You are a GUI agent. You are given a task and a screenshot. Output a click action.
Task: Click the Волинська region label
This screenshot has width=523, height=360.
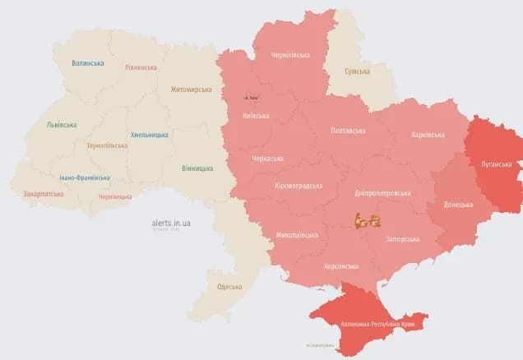(x=87, y=63)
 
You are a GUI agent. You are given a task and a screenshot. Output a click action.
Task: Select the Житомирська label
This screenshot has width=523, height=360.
(x=191, y=90)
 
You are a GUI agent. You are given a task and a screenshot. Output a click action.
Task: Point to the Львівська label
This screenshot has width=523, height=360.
(x=62, y=125)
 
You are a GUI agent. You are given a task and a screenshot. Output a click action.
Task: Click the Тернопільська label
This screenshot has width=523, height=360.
(x=107, y=145)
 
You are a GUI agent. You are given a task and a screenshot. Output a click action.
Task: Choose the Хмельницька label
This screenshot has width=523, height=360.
(x=150, y=135)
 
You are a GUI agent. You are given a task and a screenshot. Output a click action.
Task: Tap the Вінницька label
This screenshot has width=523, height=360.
(x=197, y=168)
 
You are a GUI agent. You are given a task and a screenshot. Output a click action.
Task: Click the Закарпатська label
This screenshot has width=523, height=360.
(x=44, y=195)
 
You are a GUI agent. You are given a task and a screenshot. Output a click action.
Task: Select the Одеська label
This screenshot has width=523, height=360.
(x=229, y=286)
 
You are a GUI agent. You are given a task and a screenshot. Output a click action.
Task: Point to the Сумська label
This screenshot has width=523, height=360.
(x=356, y=72)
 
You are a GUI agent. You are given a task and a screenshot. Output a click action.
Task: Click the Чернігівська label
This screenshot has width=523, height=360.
(x=290, y=55)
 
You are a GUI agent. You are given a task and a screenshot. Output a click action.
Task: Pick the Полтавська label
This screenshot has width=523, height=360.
(x=349, y=131)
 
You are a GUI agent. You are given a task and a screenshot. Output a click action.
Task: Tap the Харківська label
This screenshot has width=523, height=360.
(x=428, y=135)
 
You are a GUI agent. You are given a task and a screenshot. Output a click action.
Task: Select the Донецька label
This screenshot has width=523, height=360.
(x=458, y=204)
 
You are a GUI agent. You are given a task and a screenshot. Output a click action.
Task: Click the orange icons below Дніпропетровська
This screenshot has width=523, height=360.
(x=366, y=220)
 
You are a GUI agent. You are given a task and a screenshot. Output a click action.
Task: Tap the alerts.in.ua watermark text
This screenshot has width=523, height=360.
(x=171, y=223)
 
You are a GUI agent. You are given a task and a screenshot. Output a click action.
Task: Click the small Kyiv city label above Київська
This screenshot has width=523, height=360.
(x=257, y=99)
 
